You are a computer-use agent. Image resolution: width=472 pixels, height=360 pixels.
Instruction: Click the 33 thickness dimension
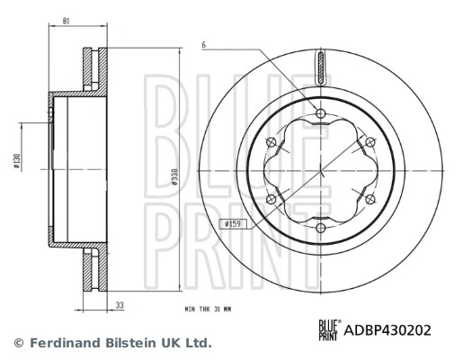point(119,306)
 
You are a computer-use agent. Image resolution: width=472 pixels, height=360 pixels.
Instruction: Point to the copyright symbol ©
point(17,343)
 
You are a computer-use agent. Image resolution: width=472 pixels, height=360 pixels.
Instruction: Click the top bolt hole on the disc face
point(320,112)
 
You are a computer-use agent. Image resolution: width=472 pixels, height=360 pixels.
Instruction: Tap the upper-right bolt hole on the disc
point(370,141)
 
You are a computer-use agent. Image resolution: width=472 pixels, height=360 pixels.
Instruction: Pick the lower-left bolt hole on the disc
point(271,198)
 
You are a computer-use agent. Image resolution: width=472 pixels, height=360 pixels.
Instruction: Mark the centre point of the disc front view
point(320,169)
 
